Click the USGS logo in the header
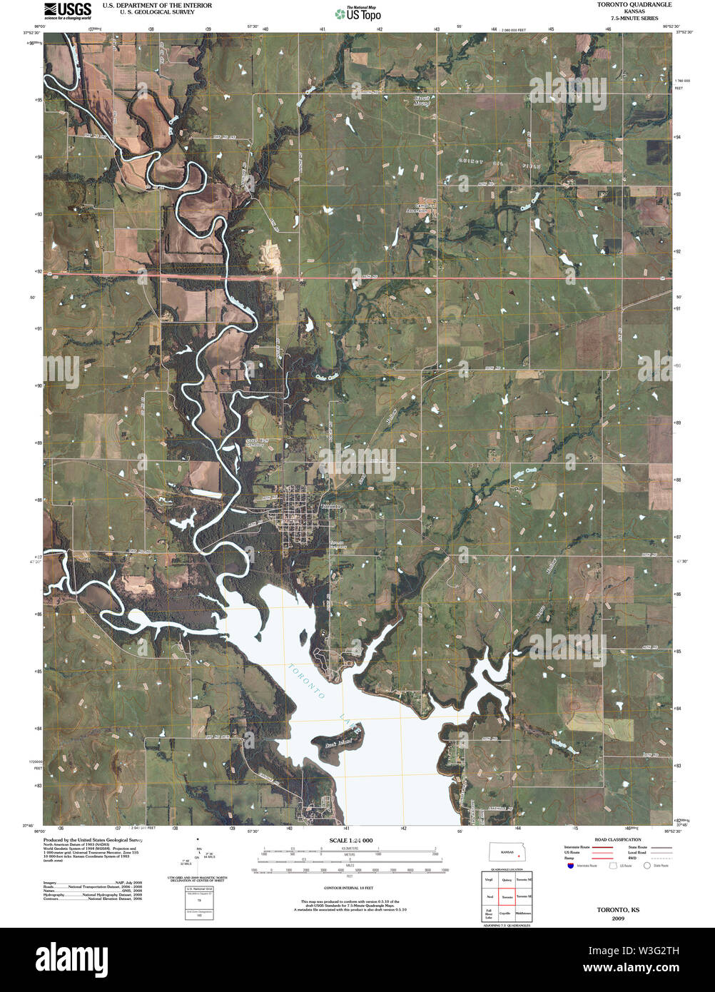68,9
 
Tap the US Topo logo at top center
358,13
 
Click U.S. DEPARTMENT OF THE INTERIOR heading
157,5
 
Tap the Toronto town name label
332,506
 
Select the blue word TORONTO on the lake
307,682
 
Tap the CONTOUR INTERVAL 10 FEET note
349,886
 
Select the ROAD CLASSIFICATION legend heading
617,839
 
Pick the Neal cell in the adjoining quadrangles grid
490,896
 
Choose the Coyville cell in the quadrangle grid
507,913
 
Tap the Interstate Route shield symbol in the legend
570,865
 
